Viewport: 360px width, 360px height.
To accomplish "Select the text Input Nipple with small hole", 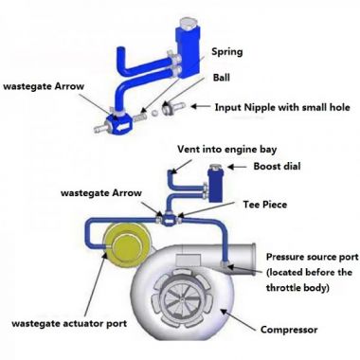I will [x=283, y=107].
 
